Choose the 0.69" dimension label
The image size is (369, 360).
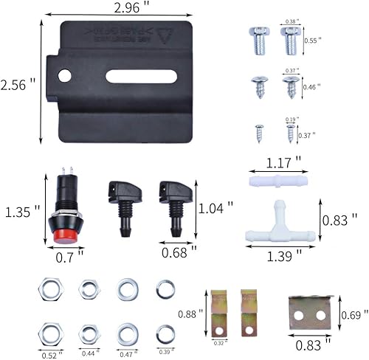coord(352,315)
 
